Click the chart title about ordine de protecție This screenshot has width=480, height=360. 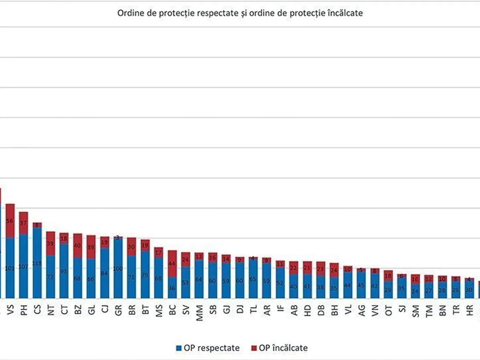coord(240,13)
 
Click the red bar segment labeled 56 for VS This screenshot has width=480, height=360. coord(10,221)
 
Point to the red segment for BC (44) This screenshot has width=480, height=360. coord(172,264)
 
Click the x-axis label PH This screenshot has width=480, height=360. coord(24,310)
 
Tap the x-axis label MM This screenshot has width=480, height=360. coord(199,310)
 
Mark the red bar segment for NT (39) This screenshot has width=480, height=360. coord(51,243)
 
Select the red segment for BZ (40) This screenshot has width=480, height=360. coord(78,246)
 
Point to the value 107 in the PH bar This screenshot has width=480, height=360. coord(24,266)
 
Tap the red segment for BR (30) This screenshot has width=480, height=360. coord(132,247)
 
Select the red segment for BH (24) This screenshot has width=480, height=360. coord(334,270)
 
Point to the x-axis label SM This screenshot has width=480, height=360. coord(416,310)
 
